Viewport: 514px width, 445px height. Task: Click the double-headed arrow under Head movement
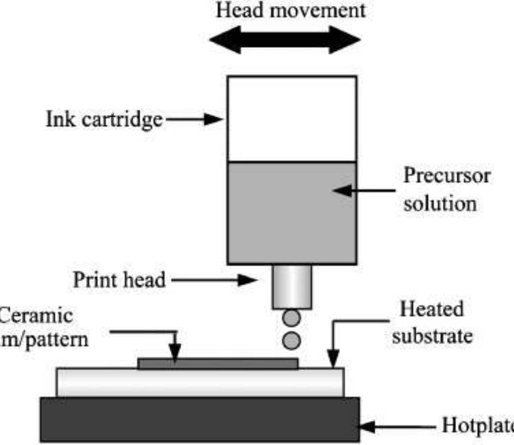[x=285, y=41]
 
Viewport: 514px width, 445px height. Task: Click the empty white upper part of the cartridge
[x=292, y=119]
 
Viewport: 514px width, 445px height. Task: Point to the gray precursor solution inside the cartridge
[x=292, y=213]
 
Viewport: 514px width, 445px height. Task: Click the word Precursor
[x=447, y=176]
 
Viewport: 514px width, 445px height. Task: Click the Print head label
[x=119, y=280]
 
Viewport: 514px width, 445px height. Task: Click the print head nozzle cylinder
[x=292, y=286]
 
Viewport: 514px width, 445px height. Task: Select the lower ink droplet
[x=292, y=340]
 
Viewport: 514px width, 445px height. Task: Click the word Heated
[x=432, y=310]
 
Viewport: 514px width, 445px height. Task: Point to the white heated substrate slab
[x=200, y=383]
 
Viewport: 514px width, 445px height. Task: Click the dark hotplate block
[x=200, y=419]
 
